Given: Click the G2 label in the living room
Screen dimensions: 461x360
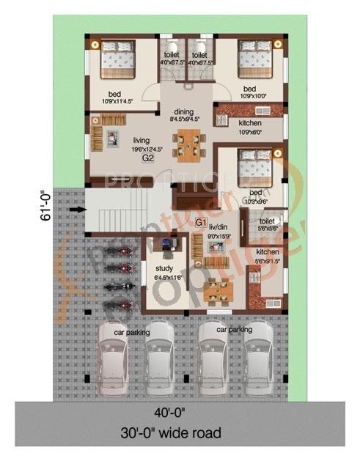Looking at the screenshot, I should [x=147, y=158].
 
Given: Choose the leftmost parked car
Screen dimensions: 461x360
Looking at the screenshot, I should [x=117, y=355].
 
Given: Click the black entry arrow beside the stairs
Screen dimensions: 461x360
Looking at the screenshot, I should [x=75, y=210].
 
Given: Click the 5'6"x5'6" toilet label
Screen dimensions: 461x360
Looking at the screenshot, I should [x=266, y=224].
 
